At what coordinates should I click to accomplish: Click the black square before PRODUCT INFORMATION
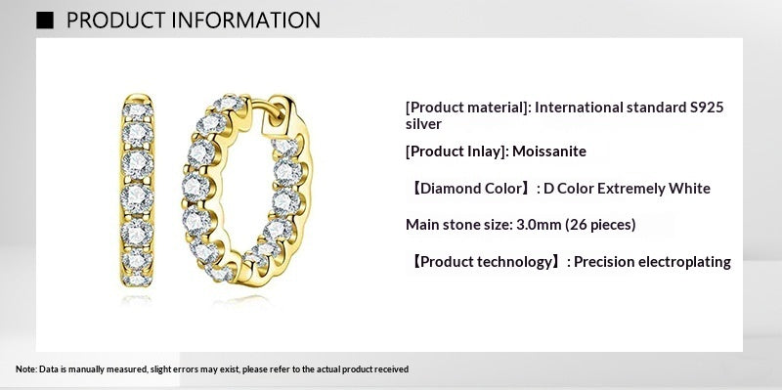tap(45, 21)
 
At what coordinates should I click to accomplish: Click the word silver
tap(423, 124)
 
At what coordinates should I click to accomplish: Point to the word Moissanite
tap(550, 152)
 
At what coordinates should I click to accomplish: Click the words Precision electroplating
tap(652, 262)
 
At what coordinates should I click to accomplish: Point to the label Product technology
tap(485, 262)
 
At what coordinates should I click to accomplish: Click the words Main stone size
tap(457, 225)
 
